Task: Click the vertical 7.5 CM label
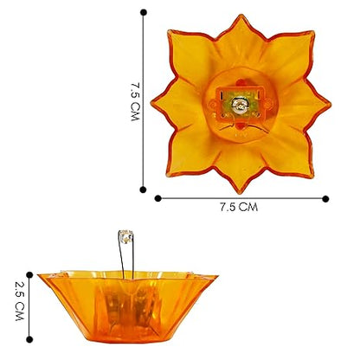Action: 134,101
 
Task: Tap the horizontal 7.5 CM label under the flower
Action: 239,208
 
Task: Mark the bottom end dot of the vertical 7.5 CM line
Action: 144,188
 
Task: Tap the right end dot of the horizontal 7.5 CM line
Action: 325,198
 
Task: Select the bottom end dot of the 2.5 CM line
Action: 29,339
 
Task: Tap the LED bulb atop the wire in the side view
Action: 125,235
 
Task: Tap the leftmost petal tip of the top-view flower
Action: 151,106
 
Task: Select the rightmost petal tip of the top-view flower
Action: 330,106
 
